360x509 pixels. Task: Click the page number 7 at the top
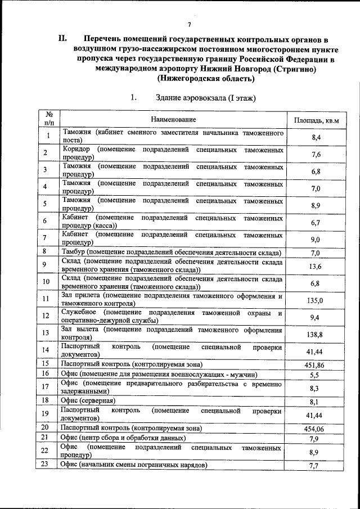[x=190, y=24]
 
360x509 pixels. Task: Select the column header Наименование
[x=173, y=119]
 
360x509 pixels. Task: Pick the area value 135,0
[x=314, y=300]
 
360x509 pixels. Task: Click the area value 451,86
[x=314, y=364]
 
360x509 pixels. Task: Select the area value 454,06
[x=314, y=429]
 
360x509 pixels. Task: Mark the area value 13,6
[x=315, y=266]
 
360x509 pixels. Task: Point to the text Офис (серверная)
[x=88, y=400]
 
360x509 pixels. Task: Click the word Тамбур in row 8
[x=73, y=252]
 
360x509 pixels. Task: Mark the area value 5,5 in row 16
[x=315, y=375]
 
